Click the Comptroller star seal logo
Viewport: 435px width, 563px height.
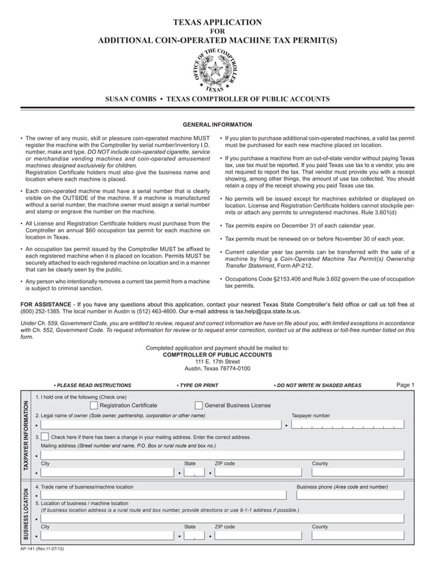point(216,70)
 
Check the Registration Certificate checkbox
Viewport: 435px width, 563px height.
point(93,406)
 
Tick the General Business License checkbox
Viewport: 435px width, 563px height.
point(198,406)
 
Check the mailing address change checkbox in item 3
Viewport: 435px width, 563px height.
point(45,437)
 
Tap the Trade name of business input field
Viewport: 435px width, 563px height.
point(164,496)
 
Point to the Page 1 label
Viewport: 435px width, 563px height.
point(405,385)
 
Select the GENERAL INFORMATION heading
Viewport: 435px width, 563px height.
point(217,125)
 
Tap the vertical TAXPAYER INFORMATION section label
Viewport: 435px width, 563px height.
point(26,434)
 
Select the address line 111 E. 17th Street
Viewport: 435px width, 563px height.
point(217,361)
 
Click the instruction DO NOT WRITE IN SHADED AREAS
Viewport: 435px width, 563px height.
point(318,386)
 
